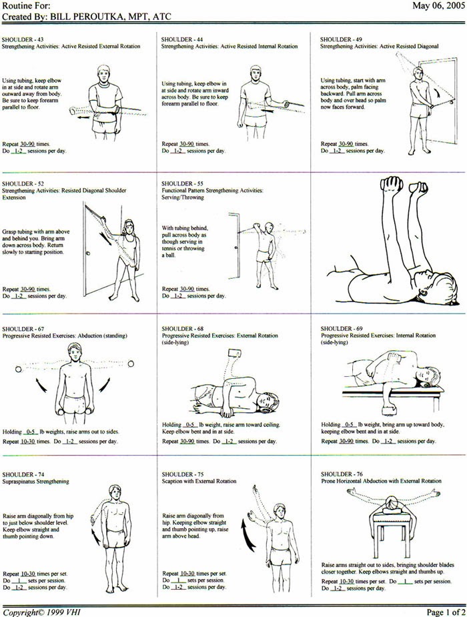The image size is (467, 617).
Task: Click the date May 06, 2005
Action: pyautogui.click(x=438, y=6)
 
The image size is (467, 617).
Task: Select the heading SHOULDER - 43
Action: pyautogui.click(x=23, y=39)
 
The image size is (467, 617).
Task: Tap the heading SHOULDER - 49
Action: pyautogui.click(x=341, y=39)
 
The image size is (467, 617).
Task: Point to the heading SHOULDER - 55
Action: pyautogui.click(x=182, y=183)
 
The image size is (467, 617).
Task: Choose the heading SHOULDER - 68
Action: pyautogui.click(x=183, y=329)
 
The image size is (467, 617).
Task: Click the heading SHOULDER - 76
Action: pyautogui.click(x=342, y=474)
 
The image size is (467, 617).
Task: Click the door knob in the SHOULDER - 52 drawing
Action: pyautogui.click(x=88, y=253)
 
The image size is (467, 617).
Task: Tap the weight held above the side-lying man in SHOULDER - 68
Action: pyautogui.click(x=234, y=352)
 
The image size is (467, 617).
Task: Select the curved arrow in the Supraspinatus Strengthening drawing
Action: pyautogui.click(x=95, y=536)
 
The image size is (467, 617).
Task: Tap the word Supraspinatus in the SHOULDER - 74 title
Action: pyautogui.click(x=19, y=481)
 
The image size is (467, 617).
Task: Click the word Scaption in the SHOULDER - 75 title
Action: pyautogui.click(x=171, y=481)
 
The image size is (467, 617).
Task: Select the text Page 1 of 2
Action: pyautogui.click(x=446, y=612)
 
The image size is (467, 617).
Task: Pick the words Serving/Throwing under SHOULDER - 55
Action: pyautogui.click(x=183, y=197)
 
